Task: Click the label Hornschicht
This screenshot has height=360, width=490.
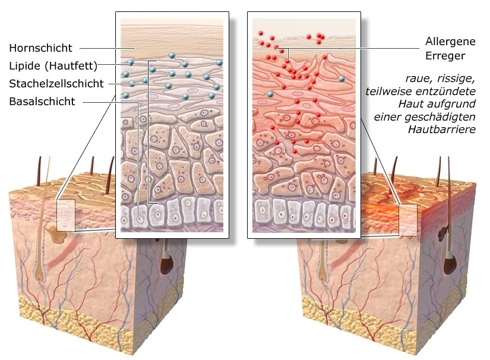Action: pos(40,48)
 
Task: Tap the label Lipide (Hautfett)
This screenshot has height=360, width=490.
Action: pos(53,65)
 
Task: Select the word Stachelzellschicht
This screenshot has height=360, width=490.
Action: pos(56,83)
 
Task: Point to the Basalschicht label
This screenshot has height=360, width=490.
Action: pos(42,101)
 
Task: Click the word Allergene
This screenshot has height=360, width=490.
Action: pos(450,42)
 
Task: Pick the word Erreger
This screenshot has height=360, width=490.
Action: pos(445,56)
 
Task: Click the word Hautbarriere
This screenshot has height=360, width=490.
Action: pos(442,129)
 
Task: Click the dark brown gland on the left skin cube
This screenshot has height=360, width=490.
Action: pos(166,261)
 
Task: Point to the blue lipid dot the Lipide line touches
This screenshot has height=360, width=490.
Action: pos(130,62)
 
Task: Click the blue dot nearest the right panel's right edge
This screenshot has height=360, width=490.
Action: pos(342,79)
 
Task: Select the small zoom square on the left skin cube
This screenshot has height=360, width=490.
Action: pos(65,215)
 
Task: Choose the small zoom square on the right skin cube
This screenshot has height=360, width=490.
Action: pos(408,220)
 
